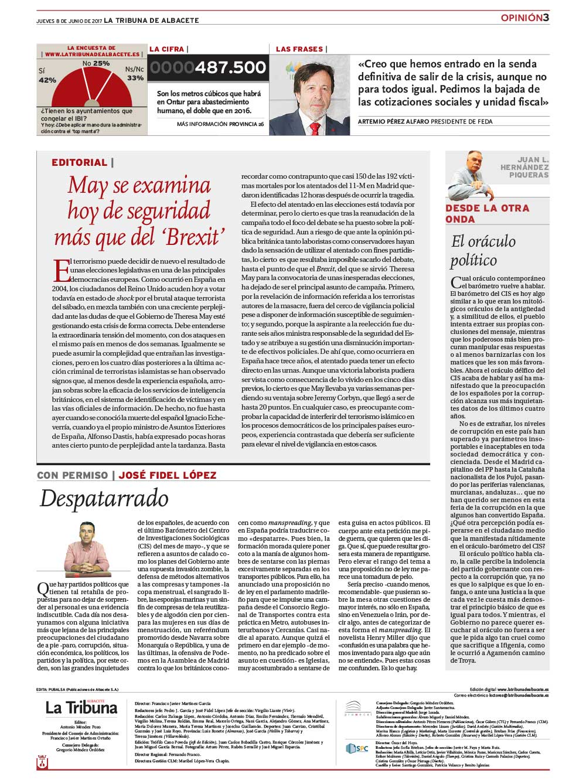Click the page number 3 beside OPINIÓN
546,18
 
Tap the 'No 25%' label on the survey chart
96,63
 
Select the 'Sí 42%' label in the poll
47,76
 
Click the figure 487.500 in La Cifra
230,68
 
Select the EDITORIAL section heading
79,163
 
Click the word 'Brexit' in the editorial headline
187,237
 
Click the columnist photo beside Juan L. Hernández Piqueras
469,175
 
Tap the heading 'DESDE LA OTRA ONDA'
487,213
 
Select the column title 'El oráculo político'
482,250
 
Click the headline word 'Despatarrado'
104,499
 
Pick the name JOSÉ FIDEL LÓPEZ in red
168,475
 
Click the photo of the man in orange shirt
88,547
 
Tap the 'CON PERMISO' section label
72,475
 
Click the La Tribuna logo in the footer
81,707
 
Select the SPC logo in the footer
357,748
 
